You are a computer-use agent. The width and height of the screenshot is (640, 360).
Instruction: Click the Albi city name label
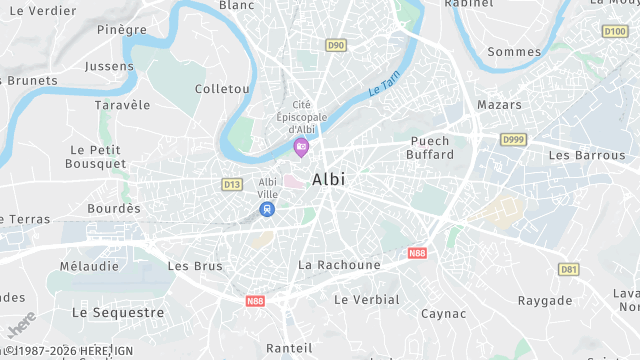click(328, 180)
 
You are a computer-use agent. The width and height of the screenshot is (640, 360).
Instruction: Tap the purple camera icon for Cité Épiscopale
click(301, 147)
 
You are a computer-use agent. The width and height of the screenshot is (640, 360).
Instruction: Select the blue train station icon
click(266, 209)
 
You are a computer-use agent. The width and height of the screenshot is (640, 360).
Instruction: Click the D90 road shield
click(335, 45)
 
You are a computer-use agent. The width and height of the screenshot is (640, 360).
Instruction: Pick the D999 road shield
click(513, 139)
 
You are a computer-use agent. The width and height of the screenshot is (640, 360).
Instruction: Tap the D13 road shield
click(232, 184)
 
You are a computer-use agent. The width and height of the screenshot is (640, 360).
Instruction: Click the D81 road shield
click(569, 269)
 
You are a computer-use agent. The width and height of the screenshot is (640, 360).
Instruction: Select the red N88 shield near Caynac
click(417, 254)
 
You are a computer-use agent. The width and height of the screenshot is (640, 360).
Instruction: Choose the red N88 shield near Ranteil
click(256, 300)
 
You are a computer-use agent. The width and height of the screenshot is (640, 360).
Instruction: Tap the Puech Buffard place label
click(430, 148)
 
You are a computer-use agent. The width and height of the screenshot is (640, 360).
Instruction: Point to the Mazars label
click(499, 105)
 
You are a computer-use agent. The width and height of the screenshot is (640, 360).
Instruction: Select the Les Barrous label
click(587, 155)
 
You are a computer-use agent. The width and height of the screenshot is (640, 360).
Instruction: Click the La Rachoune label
click(339, 265)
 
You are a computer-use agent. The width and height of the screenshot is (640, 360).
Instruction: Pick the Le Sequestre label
click(118, 313)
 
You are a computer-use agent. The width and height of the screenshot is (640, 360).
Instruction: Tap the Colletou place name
click(221, 89)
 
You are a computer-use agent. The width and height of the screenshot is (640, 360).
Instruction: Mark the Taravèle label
click(122, 105)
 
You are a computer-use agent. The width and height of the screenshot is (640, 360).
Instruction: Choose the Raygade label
click(546, 301)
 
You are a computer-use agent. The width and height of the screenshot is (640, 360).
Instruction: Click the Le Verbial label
click(366, 300)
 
